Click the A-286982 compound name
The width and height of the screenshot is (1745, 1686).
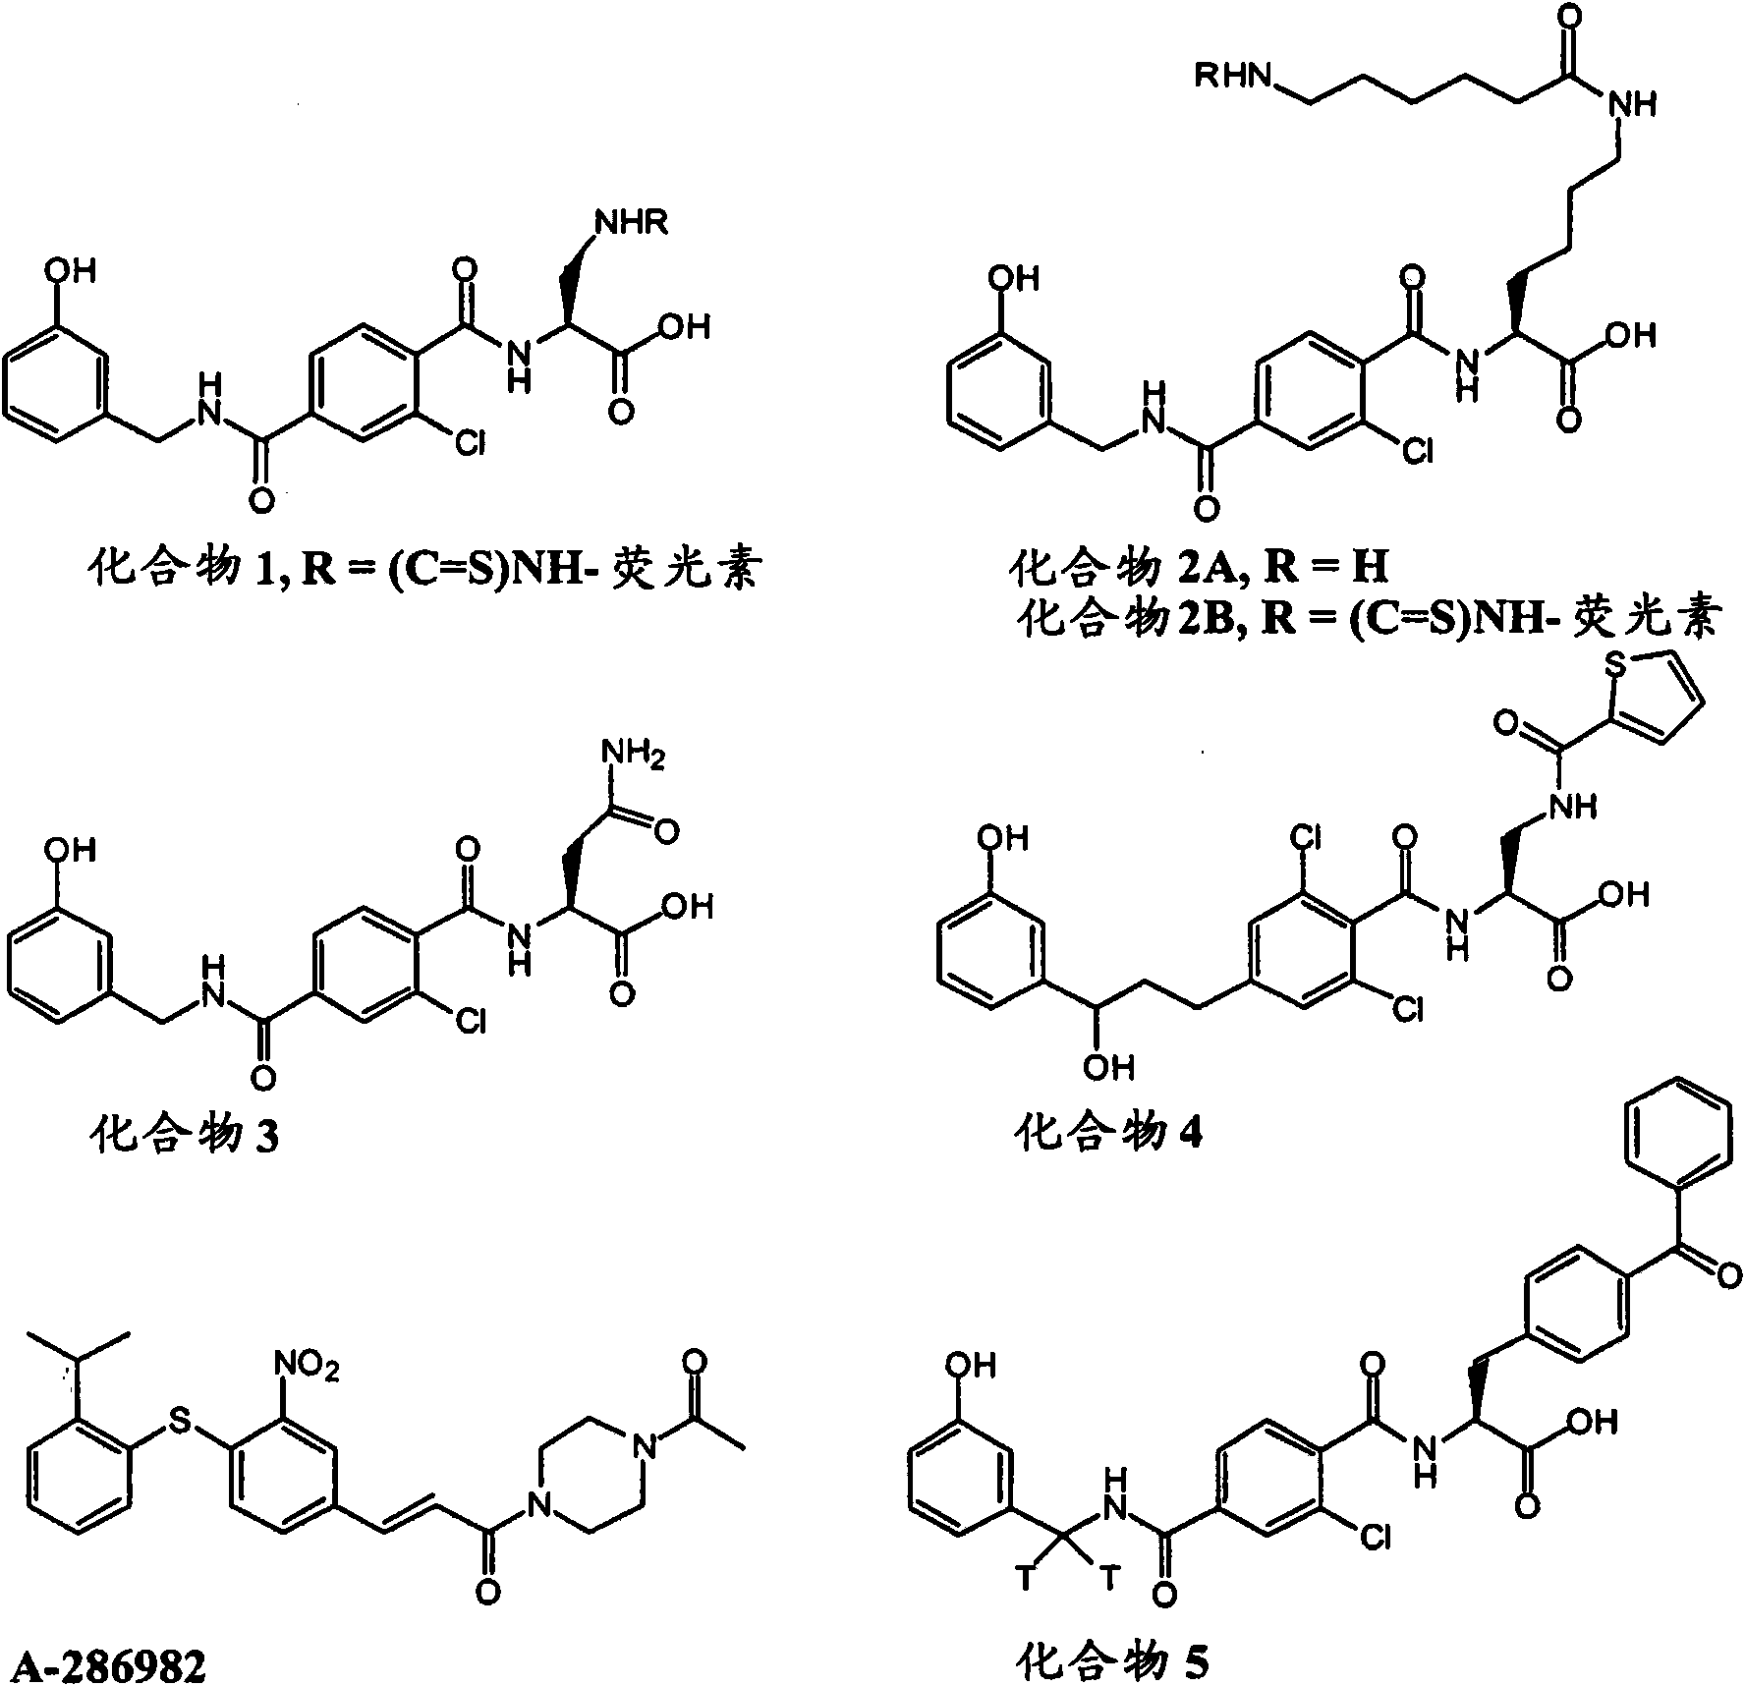[x=103, y=1665]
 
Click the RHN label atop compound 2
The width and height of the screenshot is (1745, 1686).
[x=1232, y=76]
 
